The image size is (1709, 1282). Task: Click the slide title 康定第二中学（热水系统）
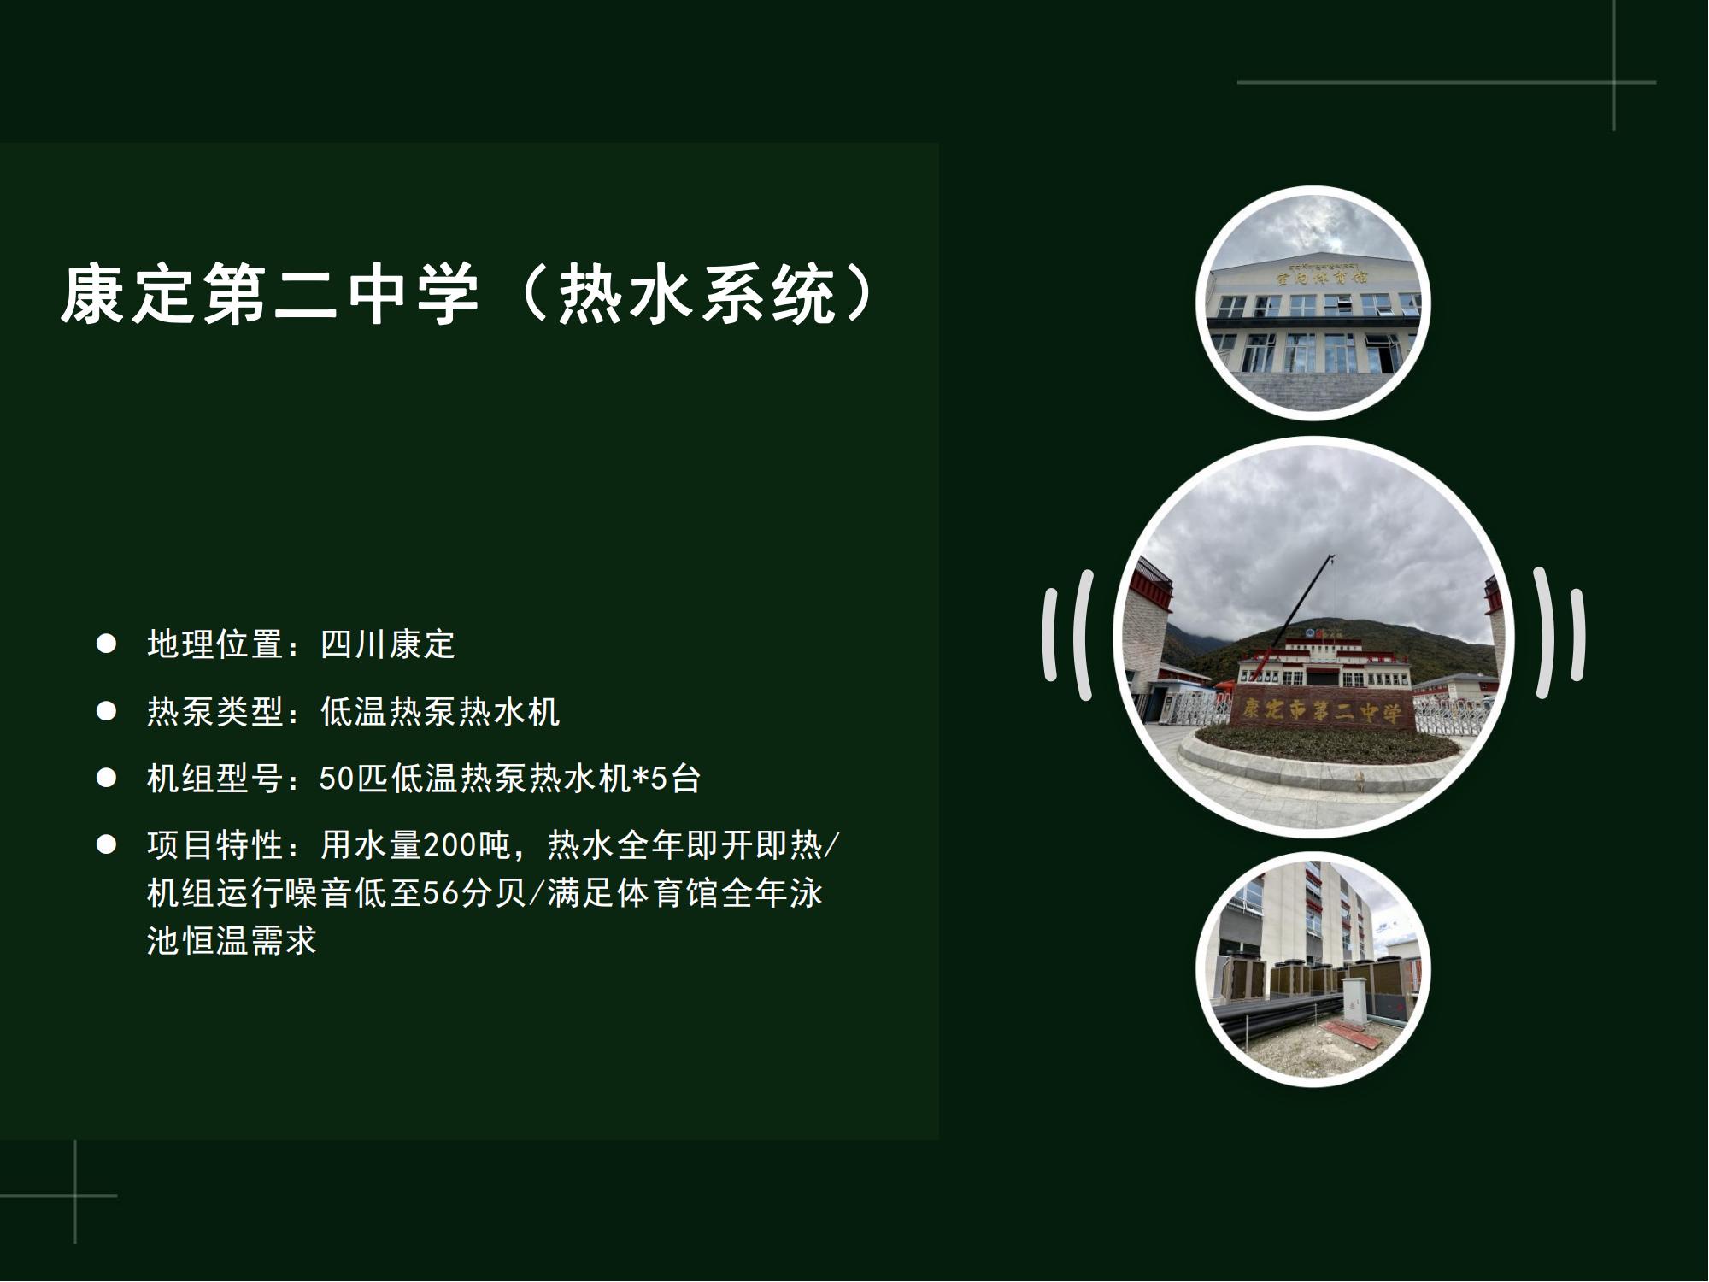click(x=469, y=296)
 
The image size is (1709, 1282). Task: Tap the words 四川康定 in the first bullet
click(x=388, y=644)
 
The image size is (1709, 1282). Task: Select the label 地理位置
click(x=214, y=644)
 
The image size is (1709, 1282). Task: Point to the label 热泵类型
click(x=214, y=711)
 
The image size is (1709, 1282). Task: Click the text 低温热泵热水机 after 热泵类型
click(x=440, y=711)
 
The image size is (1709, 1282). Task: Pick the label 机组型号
click(x=214, y=779)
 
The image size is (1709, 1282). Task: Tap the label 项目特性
click(x=214, y=845)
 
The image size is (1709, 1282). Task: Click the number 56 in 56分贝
click(x=441, y=893)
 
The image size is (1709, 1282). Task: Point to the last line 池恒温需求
click(x=232, y=941)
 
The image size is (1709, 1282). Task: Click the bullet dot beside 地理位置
click(x=106, y=644)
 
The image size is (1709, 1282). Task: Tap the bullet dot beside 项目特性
click(x=106, y=845)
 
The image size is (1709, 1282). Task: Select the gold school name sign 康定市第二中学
click(x=1321, y=709)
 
